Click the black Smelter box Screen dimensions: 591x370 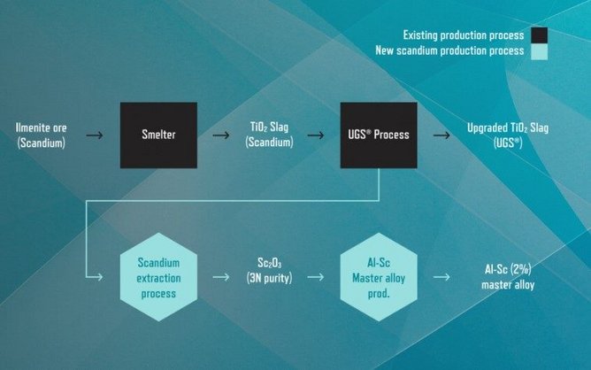coord(158,135)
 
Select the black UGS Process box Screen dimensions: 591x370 coord(379,135)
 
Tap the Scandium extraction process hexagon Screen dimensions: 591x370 coord(158,277)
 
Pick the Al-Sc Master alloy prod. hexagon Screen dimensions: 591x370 coord(379,277)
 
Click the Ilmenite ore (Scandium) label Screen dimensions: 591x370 coord(41,135)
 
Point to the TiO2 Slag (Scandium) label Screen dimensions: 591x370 coord(269,135)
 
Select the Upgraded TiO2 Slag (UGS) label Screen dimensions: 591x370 coord(508,135)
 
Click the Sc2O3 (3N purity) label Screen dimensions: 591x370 coord(269,271)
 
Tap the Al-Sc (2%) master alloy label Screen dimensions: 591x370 coord(508,277)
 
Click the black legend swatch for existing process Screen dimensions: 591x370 coord(539,35)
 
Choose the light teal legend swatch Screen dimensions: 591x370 coord(539,51)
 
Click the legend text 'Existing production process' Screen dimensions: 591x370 coord(464,35)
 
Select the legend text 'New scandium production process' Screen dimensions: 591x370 coord(449,50)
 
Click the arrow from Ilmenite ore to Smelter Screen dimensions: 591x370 coord(95,135)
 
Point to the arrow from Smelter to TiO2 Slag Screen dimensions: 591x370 coord(221,135)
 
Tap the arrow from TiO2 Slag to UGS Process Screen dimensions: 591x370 coord(316,135)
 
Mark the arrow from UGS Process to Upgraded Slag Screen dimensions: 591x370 coord(441,135)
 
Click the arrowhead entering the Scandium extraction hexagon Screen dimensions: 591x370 coord(100,277)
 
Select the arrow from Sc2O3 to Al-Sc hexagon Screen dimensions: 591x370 coord(316,277)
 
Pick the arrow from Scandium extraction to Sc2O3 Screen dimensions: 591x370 coord(221,277)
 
